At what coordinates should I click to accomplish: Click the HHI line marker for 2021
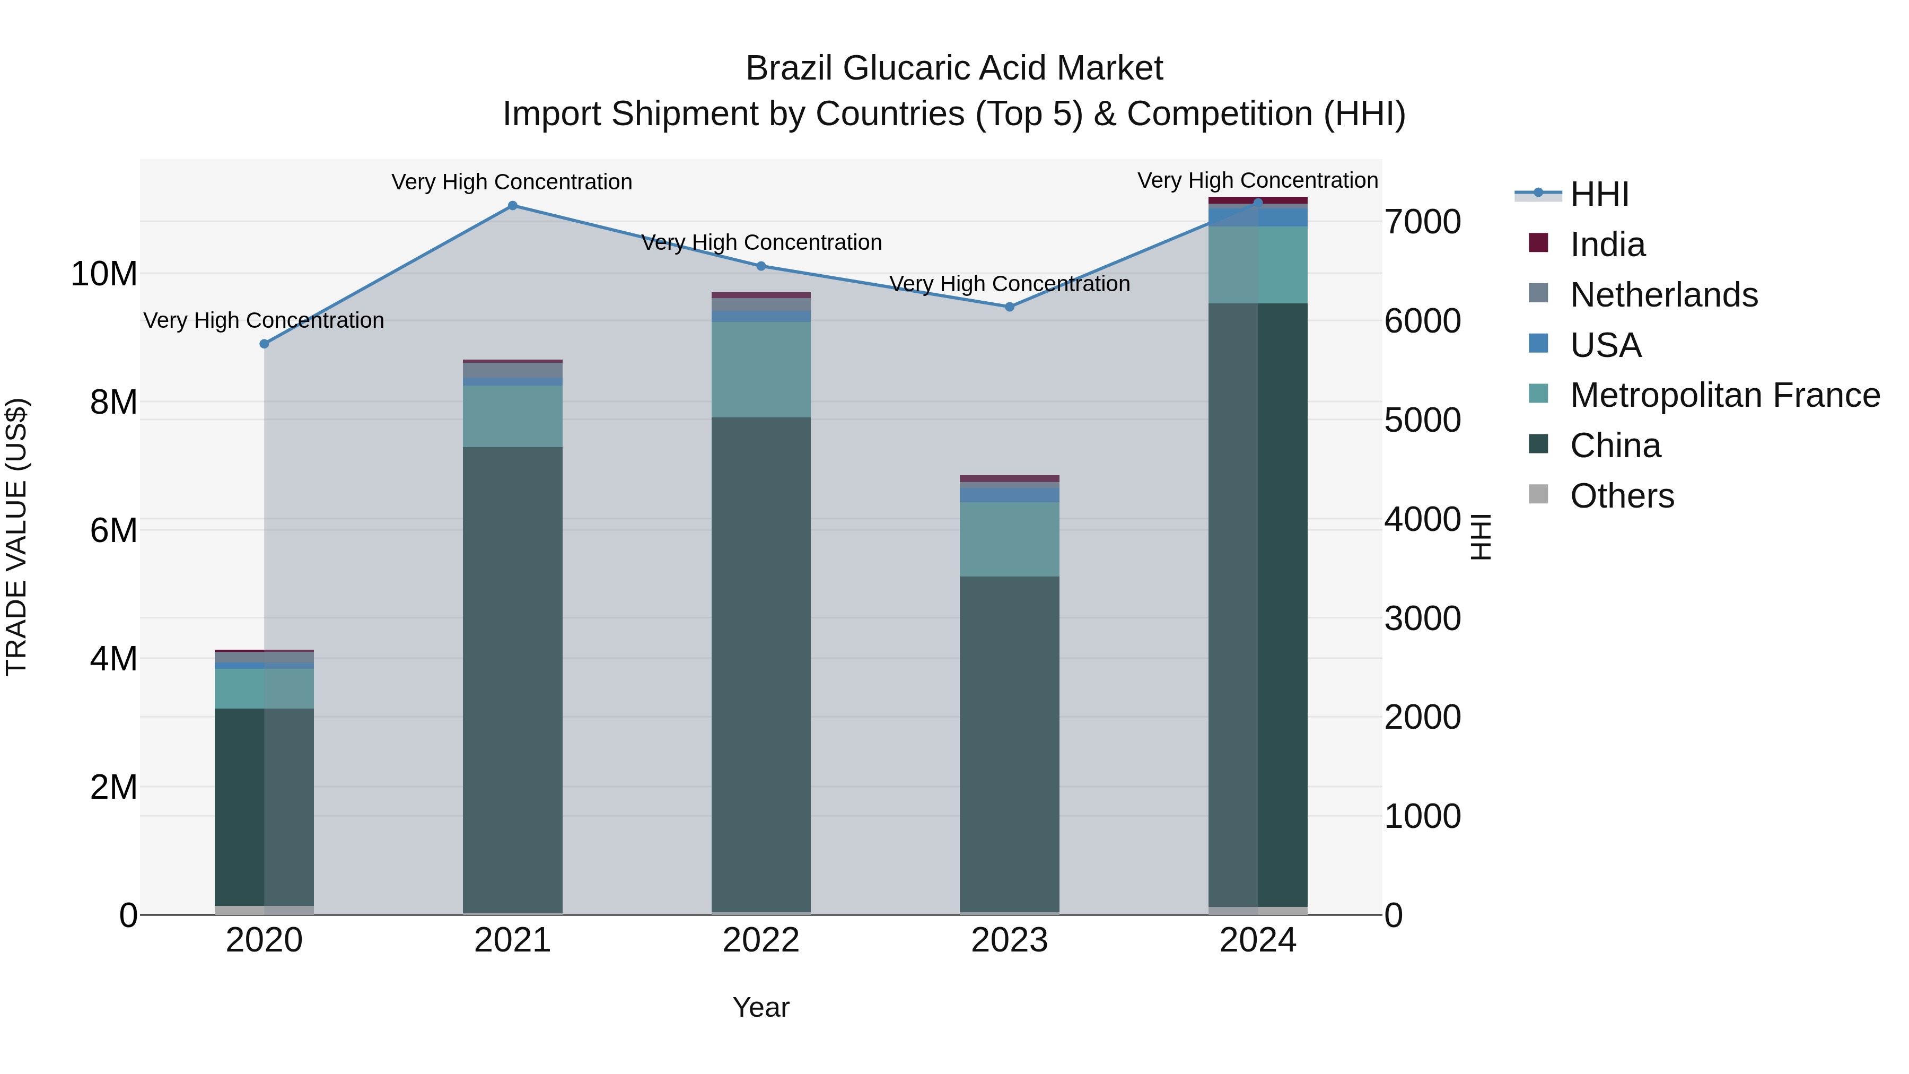pyautogui.click(x=512, y=205)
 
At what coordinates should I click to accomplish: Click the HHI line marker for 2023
pyautogui.click(x=1009, y=306)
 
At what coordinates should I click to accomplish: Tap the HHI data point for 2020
pyautogui.click(x=264, y=344)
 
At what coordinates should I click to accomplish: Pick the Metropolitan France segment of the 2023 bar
pyautogui.click(x=1009, y=539)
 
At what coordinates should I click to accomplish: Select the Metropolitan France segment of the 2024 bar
pyautogui.click(x=1258, y=265)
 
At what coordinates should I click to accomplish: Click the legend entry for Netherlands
pyautogui.click(x=1663, y=294)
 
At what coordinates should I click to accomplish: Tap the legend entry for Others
pyautogui.click(x=1622, y=496)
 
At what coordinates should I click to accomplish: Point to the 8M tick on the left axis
pyautogui.click(x=113, y=403)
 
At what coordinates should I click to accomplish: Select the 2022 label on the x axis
pyautogui.click(x=761, y=940)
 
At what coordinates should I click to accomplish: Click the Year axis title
pyautogui.click(x=761, y=1007)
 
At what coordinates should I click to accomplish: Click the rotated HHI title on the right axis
pyautogui.click(x=1480, y=537)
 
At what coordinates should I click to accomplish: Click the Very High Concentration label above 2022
pyautogui.click(x=761, y=242)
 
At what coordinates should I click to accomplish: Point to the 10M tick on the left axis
pyautogui.click(x=104, y=274)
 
